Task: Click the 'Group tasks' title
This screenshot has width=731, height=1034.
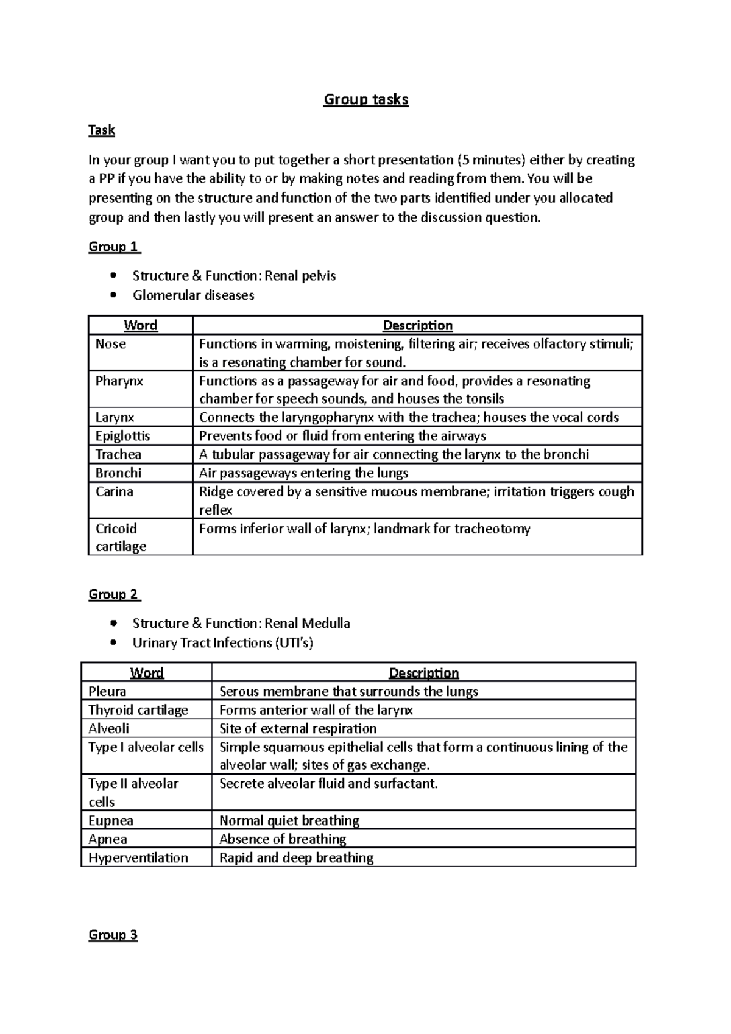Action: tap(365, 99)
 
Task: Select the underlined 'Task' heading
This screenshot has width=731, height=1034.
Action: tap(101, 130)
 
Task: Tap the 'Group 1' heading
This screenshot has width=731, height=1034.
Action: tap(114, 247)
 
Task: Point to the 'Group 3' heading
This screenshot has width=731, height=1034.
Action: tap(113, 935)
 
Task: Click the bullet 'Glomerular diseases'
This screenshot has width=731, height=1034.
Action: tap(193, 295)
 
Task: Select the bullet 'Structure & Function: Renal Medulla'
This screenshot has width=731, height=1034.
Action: tap(241, 624)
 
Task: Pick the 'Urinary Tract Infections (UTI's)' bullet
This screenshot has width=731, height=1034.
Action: tap(222, 643)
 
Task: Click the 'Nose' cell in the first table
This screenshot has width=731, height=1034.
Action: tap(111, 344)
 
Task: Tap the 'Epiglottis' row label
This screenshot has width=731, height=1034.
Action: tap(122, 436)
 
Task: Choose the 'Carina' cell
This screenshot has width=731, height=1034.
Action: tap(114, 491)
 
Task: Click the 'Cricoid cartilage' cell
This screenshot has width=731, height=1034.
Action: tap(121, 537)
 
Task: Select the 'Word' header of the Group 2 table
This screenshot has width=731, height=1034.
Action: tap(147, 673)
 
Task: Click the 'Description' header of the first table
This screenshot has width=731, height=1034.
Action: tap(417, 325)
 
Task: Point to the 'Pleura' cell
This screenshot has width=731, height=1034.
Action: tap(107, 692)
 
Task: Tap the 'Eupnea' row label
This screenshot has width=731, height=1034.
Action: tap(110, 821)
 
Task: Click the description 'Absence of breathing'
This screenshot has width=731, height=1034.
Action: tap(282, 839)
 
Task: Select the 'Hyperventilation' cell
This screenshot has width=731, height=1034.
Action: tap(138, 858)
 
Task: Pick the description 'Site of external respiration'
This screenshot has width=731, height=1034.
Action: tap(297, 729)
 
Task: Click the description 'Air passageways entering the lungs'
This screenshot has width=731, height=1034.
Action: tap(303, 473)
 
